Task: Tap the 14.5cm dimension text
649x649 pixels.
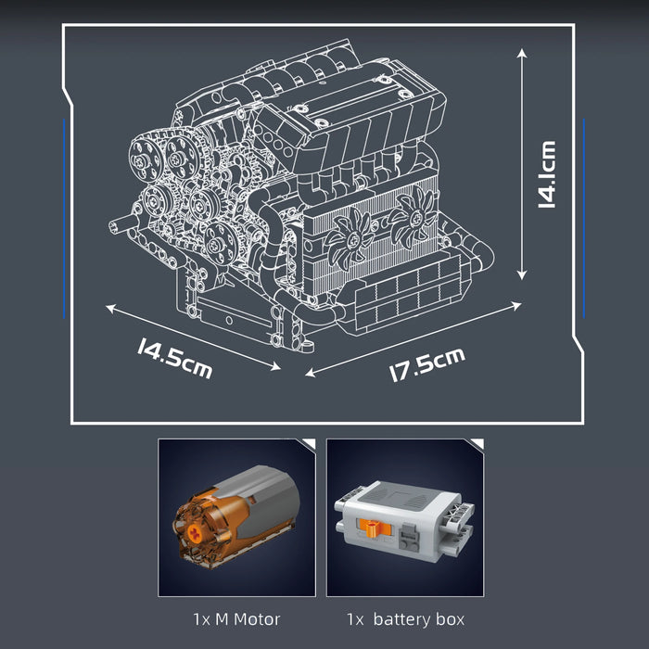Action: point(174,359)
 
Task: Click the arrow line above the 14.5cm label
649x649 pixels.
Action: point(193,337)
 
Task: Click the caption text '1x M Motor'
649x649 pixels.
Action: point(236,618)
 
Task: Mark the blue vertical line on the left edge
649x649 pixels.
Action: point(64,218)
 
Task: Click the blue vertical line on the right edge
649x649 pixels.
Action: point(584,218)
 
